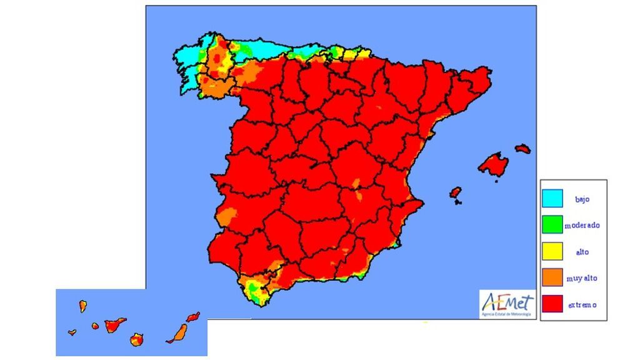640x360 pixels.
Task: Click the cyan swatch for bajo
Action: click(552, 199)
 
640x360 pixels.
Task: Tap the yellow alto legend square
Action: click(552, 251)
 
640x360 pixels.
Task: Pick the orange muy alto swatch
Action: click(552, 277)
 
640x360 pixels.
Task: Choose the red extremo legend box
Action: click(552, 304)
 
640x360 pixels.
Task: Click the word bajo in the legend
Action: click(582, 200)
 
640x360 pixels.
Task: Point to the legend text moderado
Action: click(582, 225)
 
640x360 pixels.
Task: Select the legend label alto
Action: click(582, 252)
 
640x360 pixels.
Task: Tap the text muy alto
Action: click(582, 279)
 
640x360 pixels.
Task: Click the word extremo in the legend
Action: click(582, 305)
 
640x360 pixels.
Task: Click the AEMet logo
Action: click(507, 305)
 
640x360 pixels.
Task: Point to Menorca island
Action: click(523, 149)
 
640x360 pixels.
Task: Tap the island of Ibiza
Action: click(456, 192)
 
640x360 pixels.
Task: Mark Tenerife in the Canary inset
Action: click(114, 324)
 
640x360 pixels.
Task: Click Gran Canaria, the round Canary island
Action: click(137, 339)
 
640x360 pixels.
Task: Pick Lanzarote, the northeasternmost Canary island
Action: click(194, 317)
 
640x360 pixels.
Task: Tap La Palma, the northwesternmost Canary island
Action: click(82, 306)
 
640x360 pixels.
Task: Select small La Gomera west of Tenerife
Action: click(95, 326)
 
